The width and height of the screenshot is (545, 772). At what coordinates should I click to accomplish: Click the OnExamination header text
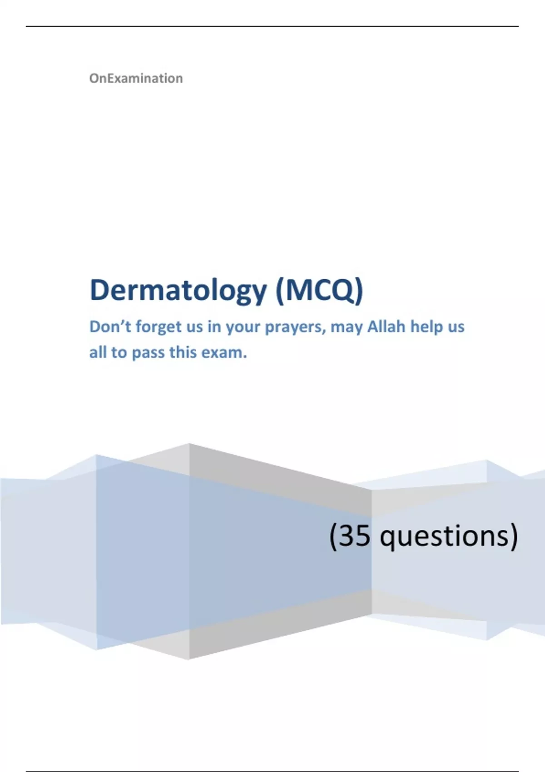click(136, 79)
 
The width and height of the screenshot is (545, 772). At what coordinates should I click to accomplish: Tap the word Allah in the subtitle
click(386, 327)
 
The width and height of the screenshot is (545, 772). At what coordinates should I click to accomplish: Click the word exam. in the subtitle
click(224, 352)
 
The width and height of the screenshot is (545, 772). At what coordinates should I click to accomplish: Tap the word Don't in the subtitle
click(110, 327)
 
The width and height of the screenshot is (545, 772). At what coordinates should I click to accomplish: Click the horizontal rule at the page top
click(272, 26)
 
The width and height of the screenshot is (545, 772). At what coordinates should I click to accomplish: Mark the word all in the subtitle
click(98, 352)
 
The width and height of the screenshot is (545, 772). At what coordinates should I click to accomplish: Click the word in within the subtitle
click(214, 327)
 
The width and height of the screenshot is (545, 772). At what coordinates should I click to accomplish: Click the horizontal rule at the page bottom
click(272, 771)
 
